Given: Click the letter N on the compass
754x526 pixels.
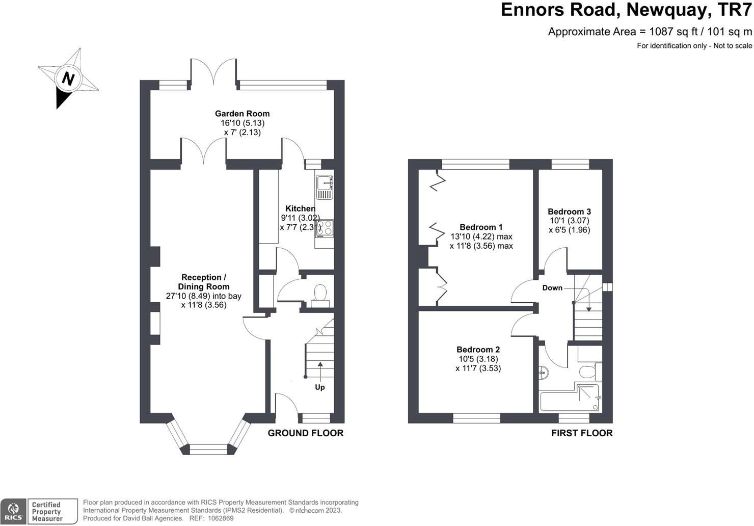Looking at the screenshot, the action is tap(68, 79).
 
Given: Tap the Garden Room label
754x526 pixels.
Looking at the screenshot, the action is tap(243, 114).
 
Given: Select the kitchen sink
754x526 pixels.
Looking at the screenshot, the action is tap(325, 187).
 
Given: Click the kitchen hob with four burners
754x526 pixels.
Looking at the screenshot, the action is tap(325, 229).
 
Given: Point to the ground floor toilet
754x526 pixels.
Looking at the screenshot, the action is tap(320, 296).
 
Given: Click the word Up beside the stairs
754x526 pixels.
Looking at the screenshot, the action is tap(320, 387).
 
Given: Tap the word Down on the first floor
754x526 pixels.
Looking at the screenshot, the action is tap(552, 288).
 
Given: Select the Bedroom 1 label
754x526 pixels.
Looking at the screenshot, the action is tap(481, 227).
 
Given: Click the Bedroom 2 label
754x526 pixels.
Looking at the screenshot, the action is tap(478, 350).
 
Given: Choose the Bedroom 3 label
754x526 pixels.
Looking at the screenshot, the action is tap(569, 212).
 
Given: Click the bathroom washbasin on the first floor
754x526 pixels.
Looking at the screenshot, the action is tap(544, 373).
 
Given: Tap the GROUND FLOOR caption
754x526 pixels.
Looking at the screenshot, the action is tap(306, 433).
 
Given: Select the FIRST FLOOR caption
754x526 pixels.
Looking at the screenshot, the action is tap(582, 433).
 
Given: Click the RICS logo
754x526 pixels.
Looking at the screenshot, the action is tap(13, 512).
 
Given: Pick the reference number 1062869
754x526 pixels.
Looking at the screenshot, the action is tap(221, 518).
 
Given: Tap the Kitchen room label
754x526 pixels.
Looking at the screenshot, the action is tap(301, 208).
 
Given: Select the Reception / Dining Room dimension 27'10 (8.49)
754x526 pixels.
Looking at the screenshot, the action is tap(188, 296).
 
